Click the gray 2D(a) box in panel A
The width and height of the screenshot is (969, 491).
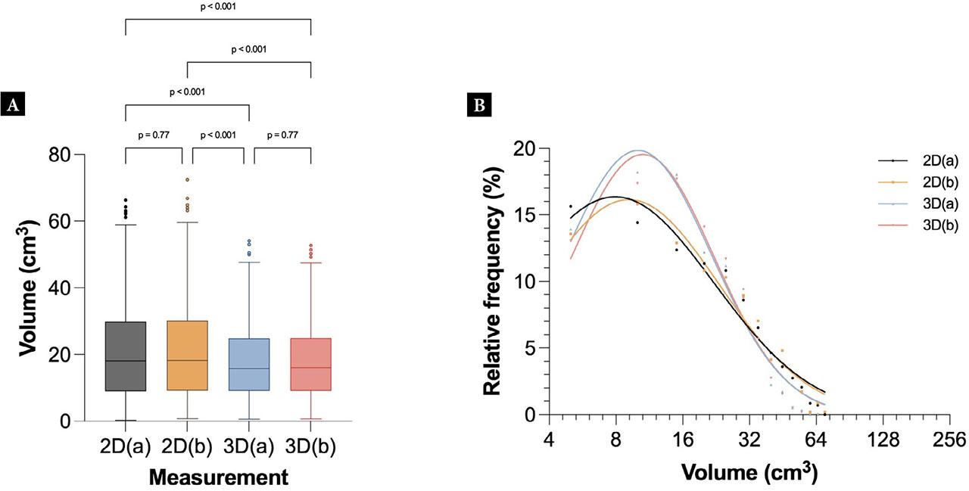126,356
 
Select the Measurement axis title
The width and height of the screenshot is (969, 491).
218,477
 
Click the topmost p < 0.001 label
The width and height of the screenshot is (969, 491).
218,8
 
